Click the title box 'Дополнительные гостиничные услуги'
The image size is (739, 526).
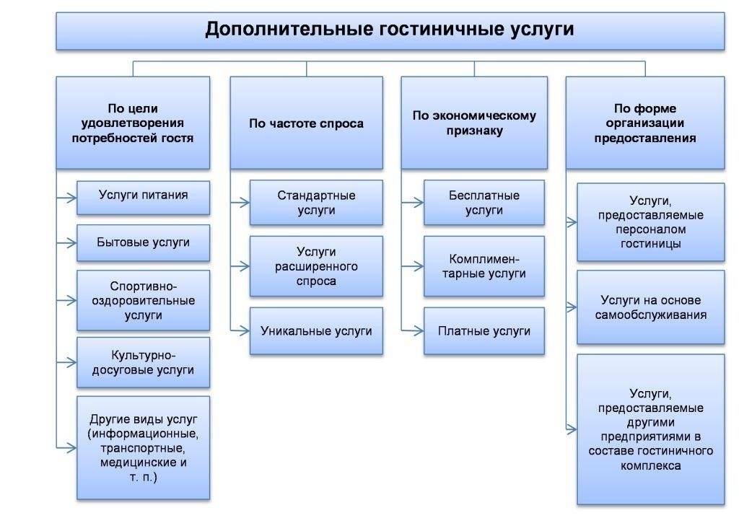(x=390, y=30)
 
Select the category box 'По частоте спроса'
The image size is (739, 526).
(x=306, y=123)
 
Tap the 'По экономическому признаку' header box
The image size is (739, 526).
(x=474, y=123)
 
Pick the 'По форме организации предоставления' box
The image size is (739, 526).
(x=644, y=123)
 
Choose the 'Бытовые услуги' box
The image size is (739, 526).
(x=143, y=242)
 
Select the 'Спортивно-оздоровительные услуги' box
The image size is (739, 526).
(x=143, y=300)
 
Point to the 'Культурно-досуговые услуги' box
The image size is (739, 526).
(x=143, y=363)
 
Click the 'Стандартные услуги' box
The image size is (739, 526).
(x=316, y=203)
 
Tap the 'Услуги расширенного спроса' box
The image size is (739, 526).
(x=316, y=266)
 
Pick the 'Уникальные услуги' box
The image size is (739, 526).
(x=316, y=331)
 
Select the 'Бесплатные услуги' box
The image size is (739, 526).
(x=484, y=203)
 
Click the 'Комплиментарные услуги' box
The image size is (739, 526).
(x=484, y=266)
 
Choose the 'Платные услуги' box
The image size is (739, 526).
(x=484, y=331)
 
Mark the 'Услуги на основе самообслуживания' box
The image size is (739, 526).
(x=650, y=307)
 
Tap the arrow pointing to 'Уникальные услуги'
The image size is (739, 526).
(x=240, y=330)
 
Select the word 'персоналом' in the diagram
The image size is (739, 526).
(x=651, y=229)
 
